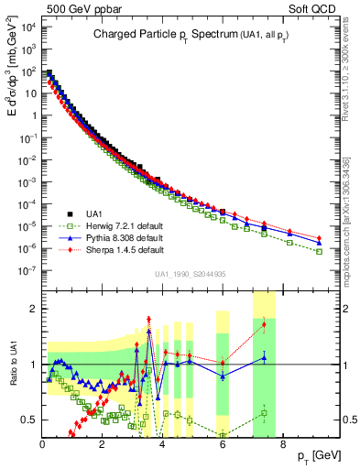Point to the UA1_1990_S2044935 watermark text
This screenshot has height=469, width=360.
190,273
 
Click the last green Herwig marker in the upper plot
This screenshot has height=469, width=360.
319,251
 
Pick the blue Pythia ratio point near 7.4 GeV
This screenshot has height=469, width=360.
264,357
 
